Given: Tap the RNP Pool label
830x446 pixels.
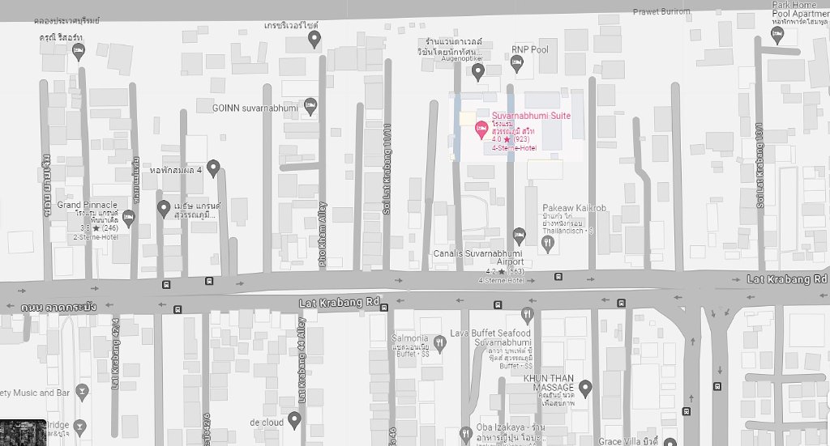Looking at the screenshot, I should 529,50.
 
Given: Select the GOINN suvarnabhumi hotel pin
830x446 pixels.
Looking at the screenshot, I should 309,106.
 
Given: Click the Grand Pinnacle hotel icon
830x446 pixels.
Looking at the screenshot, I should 128,217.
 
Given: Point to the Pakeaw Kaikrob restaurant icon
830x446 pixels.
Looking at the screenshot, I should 548,241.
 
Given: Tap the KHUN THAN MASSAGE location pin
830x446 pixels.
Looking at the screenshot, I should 585,388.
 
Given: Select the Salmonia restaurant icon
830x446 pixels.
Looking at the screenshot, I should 440,342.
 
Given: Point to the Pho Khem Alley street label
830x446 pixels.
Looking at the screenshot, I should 323,234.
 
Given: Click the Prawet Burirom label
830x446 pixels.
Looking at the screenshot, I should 661,11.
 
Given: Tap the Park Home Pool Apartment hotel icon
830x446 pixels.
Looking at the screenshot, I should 777,33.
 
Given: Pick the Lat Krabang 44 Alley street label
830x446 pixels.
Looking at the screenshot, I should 302,362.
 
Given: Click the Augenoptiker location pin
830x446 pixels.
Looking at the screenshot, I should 478,72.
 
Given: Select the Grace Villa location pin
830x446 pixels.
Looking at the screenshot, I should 669,441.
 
